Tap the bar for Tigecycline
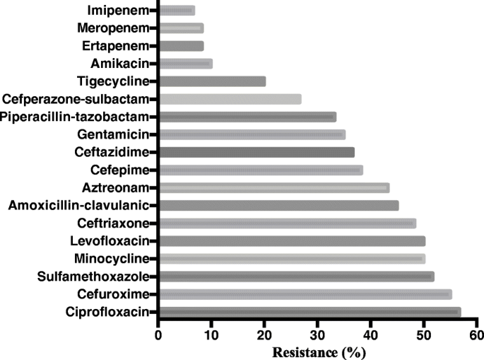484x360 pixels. [x=212, y=81]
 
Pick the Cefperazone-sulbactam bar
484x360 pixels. [x=230, y=99]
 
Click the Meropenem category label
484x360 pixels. [x=114, y=28]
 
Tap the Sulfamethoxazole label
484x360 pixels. [x=94, y=277]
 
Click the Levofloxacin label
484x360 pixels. [x=110, y=241]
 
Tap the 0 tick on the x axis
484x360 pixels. [x=158, y=334]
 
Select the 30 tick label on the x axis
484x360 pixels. [x=317, y=334]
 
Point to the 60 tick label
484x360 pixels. [x=477, y=334]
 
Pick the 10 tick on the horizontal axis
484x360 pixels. [x=211, y=334]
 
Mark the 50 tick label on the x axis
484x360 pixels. [x=424, y=334]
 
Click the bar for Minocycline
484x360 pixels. [x=292, y=259]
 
